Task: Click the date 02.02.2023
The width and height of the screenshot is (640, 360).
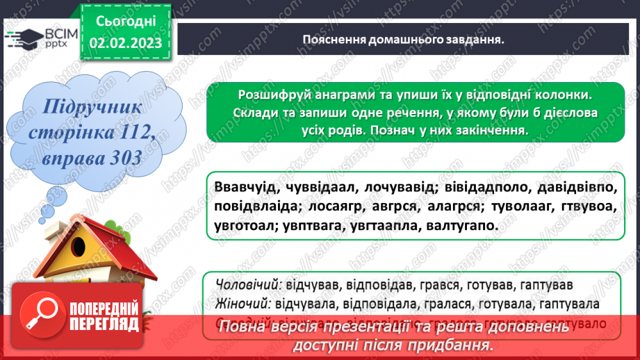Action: (x=125, y=44)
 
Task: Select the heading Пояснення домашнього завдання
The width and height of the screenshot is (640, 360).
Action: (x=403, y=40)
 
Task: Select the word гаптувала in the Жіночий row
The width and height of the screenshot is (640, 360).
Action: (x=569, y=304)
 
